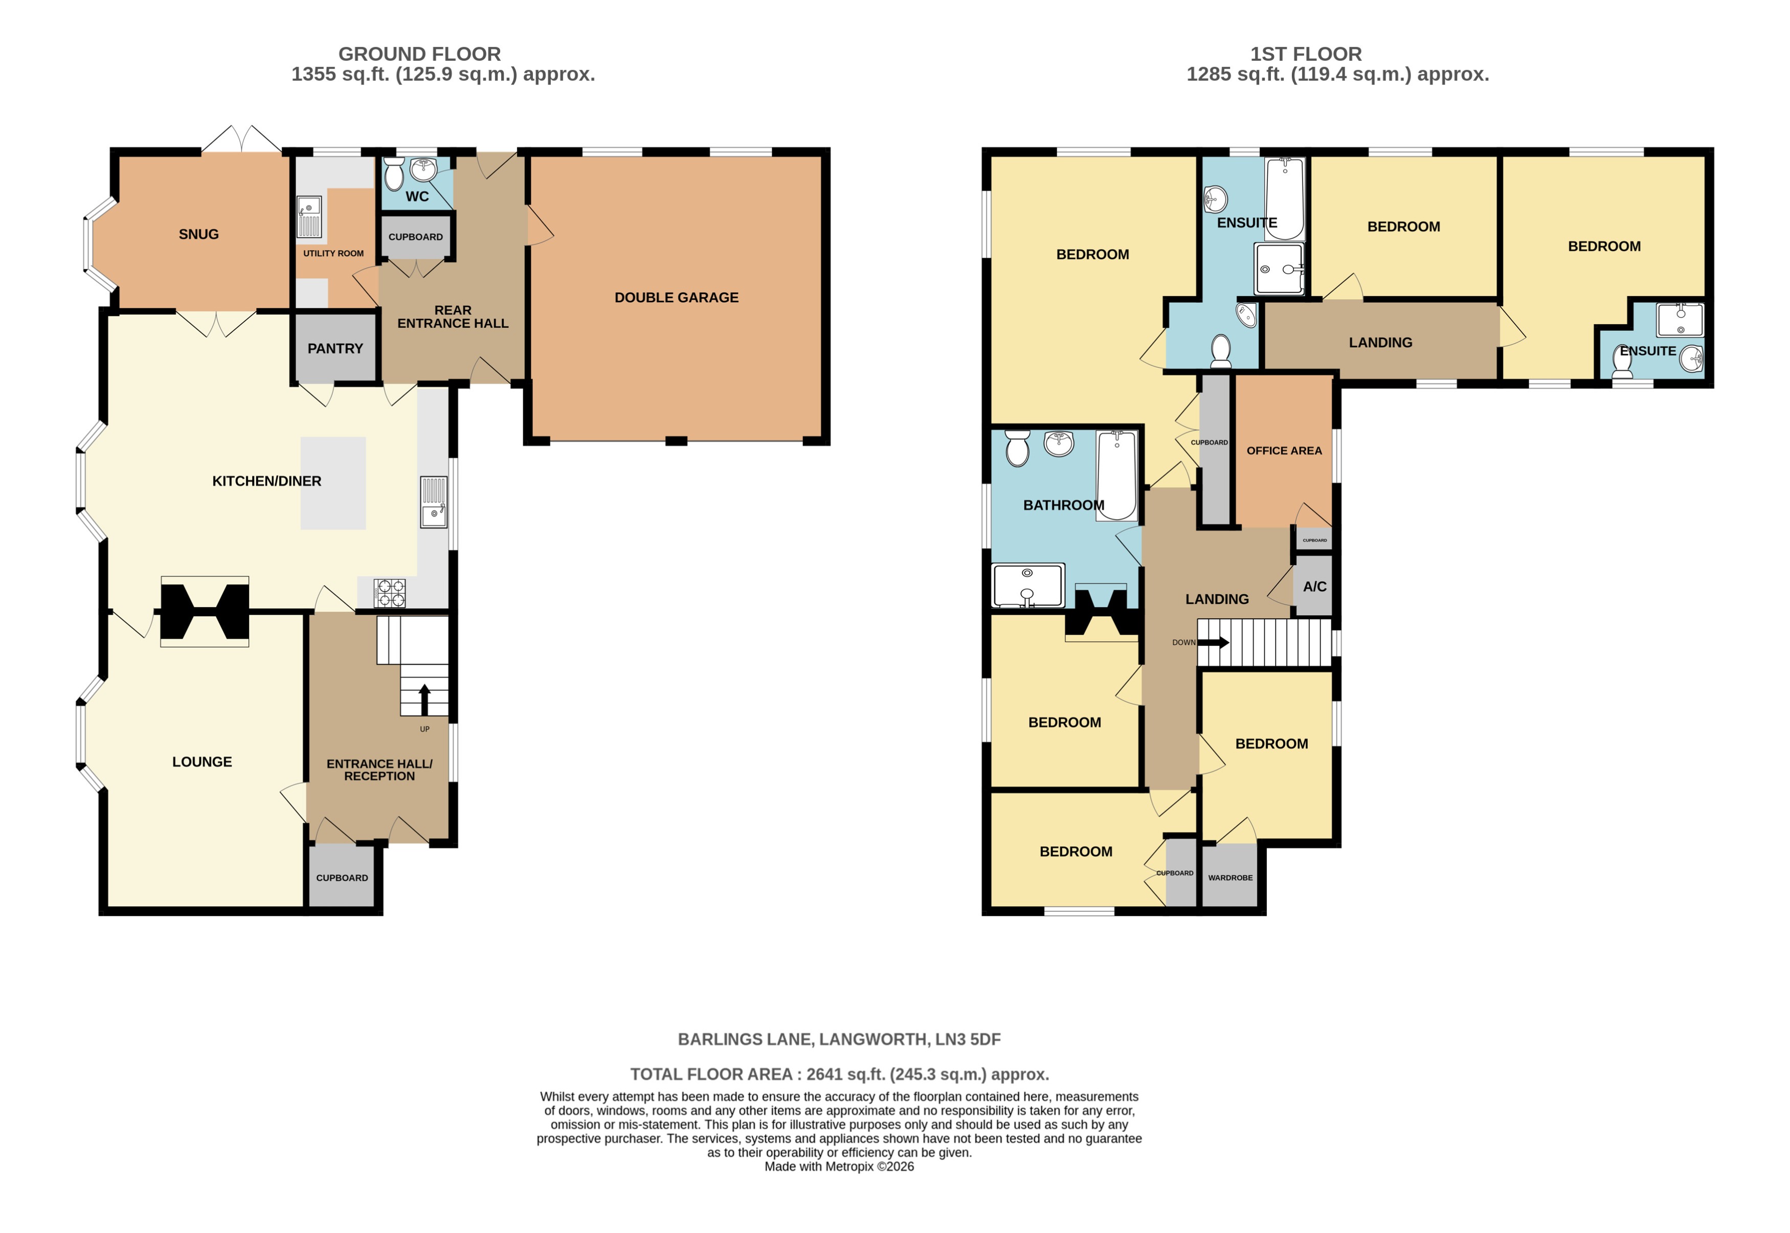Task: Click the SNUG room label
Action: (198, 234)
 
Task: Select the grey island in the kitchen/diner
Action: (333, 483)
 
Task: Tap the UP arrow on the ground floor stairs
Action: (424, 699)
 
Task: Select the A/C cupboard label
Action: (1314, 587)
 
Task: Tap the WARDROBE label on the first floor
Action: (1230, 878)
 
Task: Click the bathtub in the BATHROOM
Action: (1116, 475)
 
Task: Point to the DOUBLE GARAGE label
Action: (676, 298)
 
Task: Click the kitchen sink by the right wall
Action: (433, 502)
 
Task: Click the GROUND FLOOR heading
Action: (419, 54)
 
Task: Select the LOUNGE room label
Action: (202, 762)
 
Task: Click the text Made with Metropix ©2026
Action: (839, 1167)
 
